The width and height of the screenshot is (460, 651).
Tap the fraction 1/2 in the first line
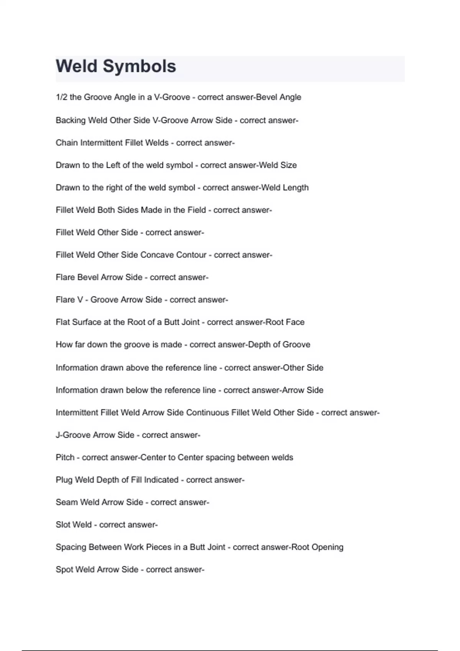tap(61, 97)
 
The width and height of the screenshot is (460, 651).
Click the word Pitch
tap(65, 458)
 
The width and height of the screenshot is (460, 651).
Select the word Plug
tap(64, 480)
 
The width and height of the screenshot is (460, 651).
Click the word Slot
tap(63, 525)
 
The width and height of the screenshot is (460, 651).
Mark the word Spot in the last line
tap(64, 570)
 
